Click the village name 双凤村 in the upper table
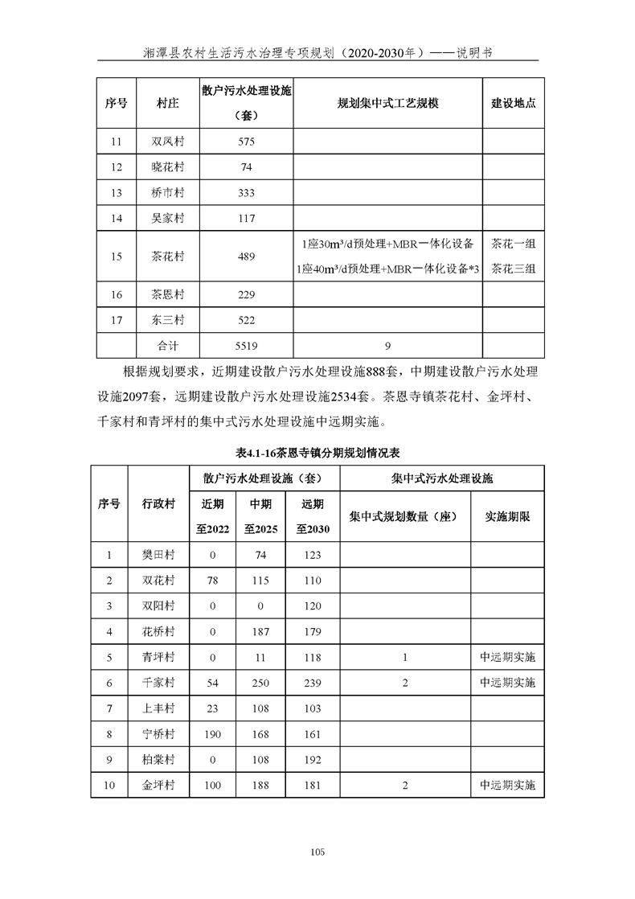tap(168, 142)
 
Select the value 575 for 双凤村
tap(246, 142)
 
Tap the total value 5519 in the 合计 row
tap(246, 346)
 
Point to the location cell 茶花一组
tap(513, 244)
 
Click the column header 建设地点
tap(513, 104)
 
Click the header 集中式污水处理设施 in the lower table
tap(442, 478)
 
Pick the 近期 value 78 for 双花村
tap(213, 580)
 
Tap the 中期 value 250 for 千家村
tap(260, 682)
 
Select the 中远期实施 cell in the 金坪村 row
tap(506, 785)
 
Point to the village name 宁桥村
tap(158, 733)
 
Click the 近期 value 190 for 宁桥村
tap(213, 733)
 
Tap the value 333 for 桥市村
tap(246, 193)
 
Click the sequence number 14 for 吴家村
tap(117, 219)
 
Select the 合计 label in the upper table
tap(168, 346)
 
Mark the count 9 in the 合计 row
tap(387, 346)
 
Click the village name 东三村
tap(168, 320)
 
